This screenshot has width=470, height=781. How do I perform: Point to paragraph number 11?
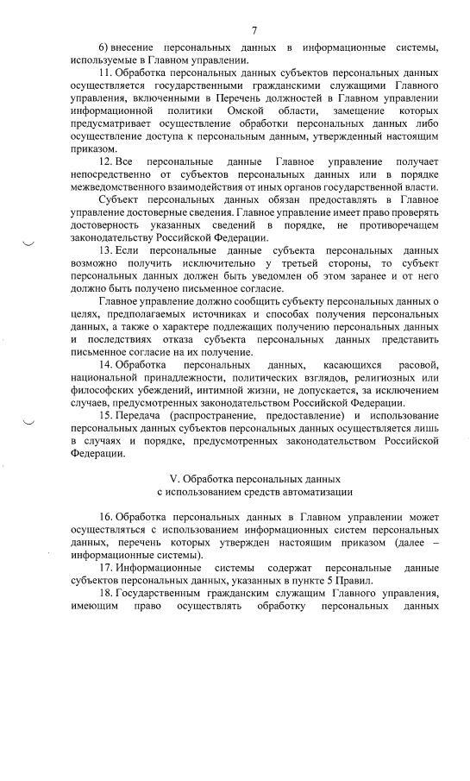click(106, 74)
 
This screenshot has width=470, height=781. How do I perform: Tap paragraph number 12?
click(106, 162)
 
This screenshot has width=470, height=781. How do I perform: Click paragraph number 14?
click(106, 366)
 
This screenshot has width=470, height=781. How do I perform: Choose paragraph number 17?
click(106, 569)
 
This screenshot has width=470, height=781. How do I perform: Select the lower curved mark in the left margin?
click(28, 422)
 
